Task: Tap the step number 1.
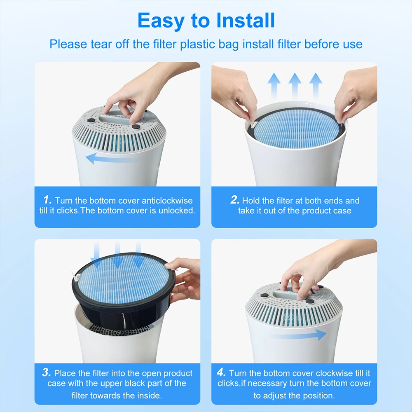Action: point(47,200)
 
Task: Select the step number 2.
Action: point(235,200)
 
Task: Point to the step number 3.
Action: point(47,373)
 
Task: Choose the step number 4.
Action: point(221,373)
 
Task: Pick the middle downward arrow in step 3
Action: point(117,255)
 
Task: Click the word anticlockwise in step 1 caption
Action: point(167,201)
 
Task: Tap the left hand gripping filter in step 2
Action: point(233,93)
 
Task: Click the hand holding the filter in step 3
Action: point(185,280)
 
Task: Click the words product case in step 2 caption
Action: point(327,211)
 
